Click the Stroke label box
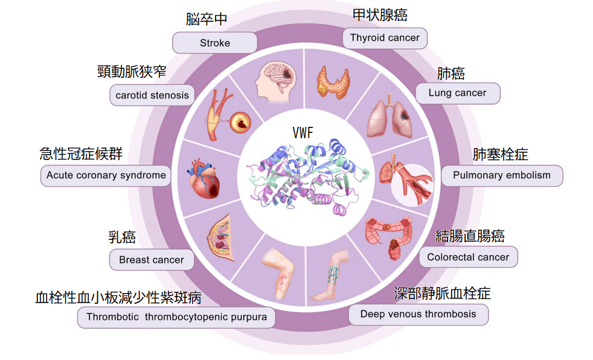[215, 43]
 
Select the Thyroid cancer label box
[385, 38]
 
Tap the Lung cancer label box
[457, 93]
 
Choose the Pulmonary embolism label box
[501, 176]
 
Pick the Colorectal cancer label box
[468, 257]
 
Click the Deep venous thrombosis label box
[418, 314]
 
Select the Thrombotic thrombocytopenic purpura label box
[176, 317]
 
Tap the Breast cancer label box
[152, 260]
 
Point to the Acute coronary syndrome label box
[106, 176]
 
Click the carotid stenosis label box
[152, 95]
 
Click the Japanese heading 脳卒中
[207, 20]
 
